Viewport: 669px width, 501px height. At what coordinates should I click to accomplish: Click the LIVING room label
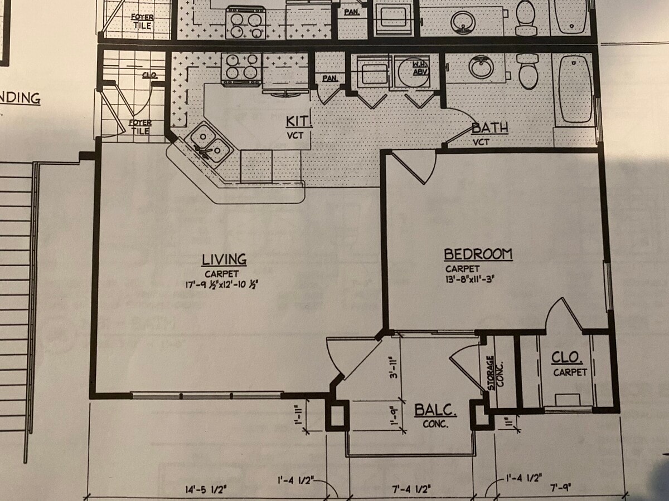[x=224, y=259]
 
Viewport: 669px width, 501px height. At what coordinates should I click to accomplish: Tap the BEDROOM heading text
[x=478, y=254]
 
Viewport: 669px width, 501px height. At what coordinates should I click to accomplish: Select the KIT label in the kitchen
[x=298, y=121]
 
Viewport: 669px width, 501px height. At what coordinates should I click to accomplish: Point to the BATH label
[x=489, y=128]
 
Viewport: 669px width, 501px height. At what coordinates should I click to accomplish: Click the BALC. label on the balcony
[x=435, y=411]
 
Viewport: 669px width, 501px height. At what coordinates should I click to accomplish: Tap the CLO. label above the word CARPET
[x=567, y=357]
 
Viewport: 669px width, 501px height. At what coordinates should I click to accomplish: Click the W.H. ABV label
[x=419, y=68]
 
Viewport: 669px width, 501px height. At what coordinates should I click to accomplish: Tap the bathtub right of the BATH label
[x=574, y=89]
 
